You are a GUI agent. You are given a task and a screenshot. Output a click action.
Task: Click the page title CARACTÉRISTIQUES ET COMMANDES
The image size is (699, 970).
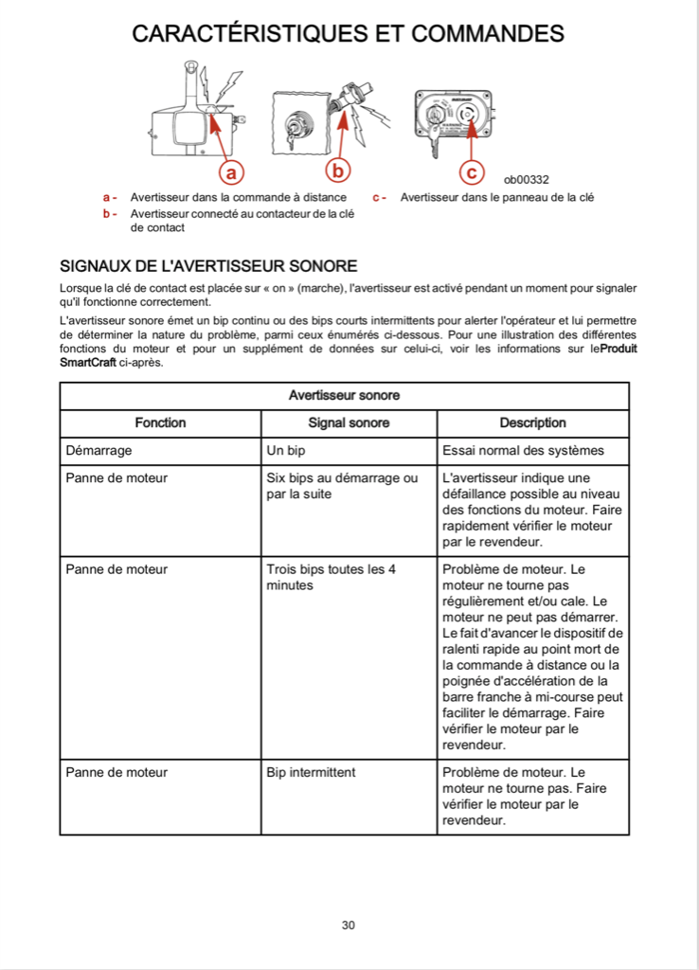click(x=348, y=33)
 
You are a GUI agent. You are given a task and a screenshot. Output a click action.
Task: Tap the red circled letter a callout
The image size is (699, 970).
click(x=231, y=171)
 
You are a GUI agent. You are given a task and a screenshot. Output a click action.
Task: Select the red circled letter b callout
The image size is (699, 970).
click(x=338, y=171)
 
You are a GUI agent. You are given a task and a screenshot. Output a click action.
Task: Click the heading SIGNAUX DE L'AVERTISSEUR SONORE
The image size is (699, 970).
click(x=208, y=265)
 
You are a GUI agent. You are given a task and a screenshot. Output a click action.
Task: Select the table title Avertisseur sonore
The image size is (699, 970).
click(x=344, y=395)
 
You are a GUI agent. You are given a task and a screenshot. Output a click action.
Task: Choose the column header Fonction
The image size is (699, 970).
click(x=161, y=422)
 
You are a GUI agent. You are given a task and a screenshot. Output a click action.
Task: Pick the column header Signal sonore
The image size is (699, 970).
click(x=349, y=422)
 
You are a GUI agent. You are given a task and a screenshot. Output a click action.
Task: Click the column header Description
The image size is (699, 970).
click(x=533, y=422)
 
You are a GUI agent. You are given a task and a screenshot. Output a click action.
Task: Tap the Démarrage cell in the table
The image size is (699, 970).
click(x=99, y=451)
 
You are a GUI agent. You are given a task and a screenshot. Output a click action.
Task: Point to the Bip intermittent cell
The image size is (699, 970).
click(x=311, y=772)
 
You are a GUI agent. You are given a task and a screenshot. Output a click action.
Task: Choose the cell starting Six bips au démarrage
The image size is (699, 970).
click(x=342, y=486)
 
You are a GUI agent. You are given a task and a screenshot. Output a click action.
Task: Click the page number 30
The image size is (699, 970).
click(x=349, y=925)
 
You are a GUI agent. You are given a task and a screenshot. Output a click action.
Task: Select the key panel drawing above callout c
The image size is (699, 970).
click(x=453, y=117)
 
